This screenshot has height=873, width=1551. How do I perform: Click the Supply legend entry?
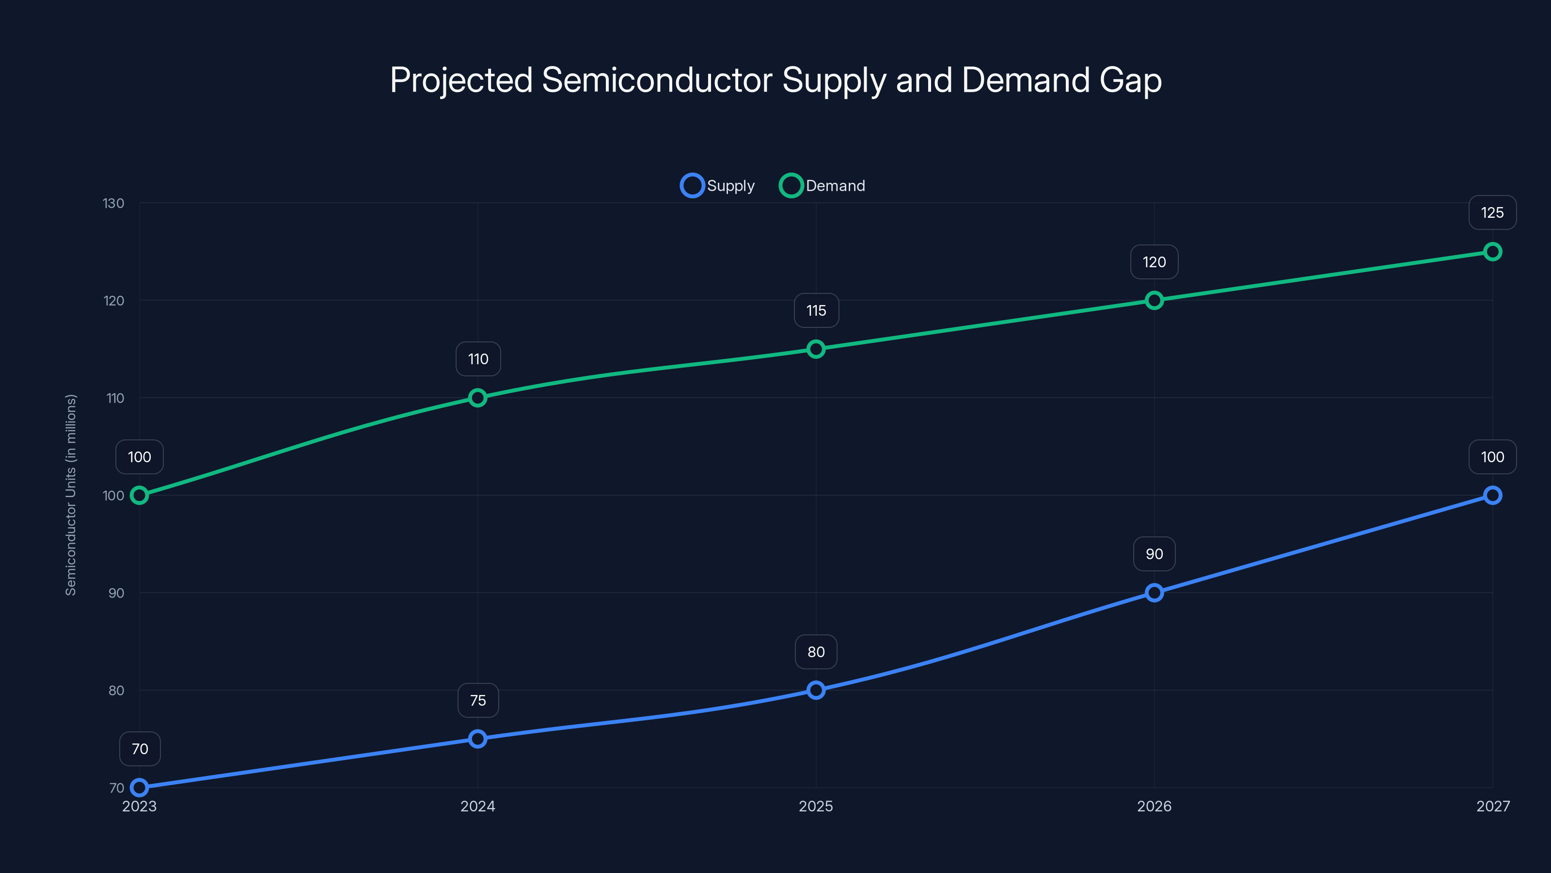718,186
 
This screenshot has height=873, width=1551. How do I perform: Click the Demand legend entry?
823,186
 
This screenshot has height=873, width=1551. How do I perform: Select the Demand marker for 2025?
816,349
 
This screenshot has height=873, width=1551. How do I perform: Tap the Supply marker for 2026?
1154,593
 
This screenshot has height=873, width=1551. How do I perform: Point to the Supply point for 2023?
140,788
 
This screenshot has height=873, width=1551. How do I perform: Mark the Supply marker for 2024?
477,739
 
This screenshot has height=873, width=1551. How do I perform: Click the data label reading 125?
1492,213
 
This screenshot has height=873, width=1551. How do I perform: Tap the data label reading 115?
816,310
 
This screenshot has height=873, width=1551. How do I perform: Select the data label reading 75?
478,700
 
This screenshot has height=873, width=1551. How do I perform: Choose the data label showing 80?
816,652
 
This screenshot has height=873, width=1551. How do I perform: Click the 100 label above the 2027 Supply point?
1492,457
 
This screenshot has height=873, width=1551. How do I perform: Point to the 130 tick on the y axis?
113,204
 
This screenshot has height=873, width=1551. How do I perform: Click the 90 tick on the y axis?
116,593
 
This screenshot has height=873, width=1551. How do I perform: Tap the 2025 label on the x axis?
816,806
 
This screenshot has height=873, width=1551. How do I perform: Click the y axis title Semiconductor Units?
71,495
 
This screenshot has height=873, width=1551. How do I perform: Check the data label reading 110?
478,359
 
